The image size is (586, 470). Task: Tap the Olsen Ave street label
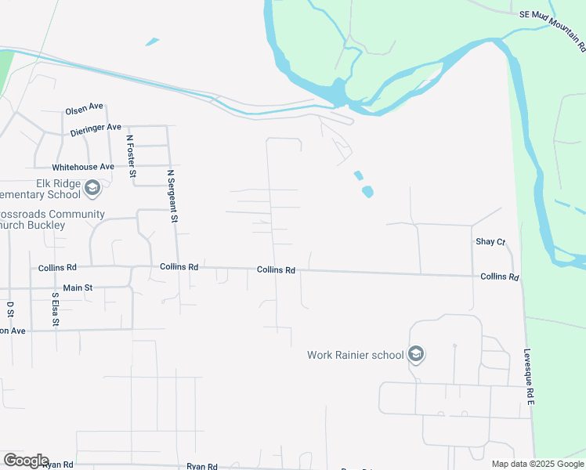(85, 108)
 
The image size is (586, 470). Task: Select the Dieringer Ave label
(96, 127)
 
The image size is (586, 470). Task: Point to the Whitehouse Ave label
(83, 167)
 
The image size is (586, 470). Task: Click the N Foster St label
(132, 156)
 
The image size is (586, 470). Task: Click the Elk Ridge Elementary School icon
(92, 188)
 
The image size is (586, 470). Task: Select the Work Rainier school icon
(416, 355)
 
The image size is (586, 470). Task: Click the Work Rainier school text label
(355, 355)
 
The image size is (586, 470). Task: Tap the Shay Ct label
(490, 242)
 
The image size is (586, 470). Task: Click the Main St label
(78, 288)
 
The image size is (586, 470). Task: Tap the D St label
(10, 309)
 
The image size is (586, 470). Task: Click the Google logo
(26, 461)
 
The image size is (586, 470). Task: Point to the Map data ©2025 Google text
(537, 464)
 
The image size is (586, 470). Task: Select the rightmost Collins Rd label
(500, 277)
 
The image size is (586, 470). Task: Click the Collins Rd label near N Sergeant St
(179, 266)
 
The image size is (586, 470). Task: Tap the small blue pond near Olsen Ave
(152, 42)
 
